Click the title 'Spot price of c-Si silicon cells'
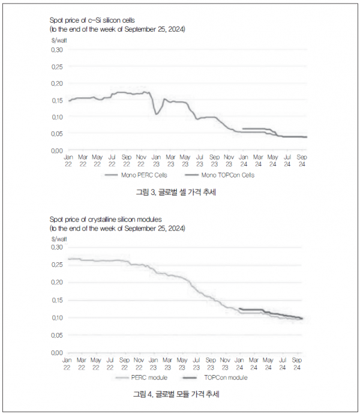pos(92,20)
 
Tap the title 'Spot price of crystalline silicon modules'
pos(106,220)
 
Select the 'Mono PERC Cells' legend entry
pos(136,175)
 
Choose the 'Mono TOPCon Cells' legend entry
pos(220,175)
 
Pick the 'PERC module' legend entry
pos(142,377)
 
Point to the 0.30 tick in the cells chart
pos(57,50)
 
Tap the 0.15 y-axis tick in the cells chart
pos(57,100)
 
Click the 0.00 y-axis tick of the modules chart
pos(57,353)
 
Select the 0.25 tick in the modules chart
pos(57,265)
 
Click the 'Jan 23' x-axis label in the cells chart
pos(156,161)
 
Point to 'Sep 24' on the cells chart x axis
pos(302,161)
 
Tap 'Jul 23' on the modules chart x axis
pos(196,364)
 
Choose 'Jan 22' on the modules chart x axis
pos(67,364)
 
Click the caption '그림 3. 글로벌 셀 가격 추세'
pos(176,192)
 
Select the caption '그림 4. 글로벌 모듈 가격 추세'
pos(176,394)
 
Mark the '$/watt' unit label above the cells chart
pos(59,40)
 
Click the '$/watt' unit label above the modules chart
pos(59,239)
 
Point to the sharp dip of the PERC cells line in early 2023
pos(157,114)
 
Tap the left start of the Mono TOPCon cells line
pos(243,129)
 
